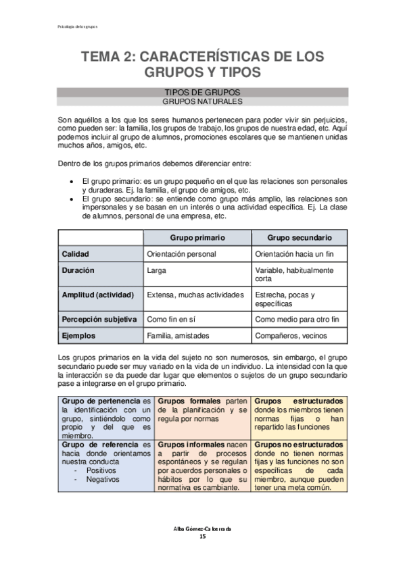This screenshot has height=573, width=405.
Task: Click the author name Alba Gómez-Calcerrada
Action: click(202, 528)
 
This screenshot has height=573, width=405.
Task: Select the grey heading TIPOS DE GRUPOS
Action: click(202, 92)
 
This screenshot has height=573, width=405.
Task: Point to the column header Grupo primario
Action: click(197, 238)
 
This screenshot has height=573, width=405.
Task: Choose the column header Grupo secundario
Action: click(299, 238)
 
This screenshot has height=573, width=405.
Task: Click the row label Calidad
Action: click(76, 254)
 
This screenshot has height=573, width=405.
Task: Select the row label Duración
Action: click(78, 270)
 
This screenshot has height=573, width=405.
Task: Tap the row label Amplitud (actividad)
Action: click(98, 295)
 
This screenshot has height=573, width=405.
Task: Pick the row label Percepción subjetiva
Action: click(99, 319)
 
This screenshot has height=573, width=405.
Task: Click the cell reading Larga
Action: click(156, 270)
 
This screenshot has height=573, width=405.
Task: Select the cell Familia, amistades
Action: click(178, 335)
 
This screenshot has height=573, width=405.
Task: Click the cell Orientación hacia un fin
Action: click(295, 254)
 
